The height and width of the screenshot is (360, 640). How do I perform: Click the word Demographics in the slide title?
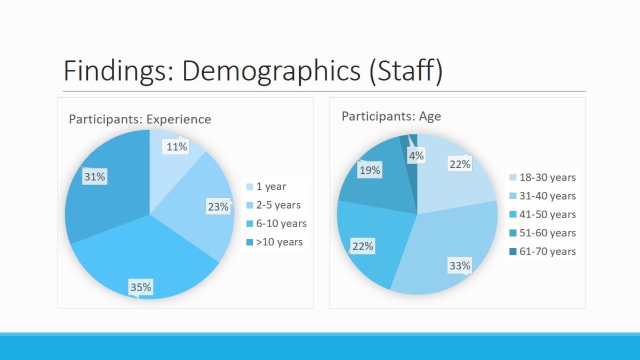click(x=271, y=71)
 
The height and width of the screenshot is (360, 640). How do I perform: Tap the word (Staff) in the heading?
click(x=405, y=71)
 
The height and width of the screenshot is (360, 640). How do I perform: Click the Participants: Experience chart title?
click(x=140, y=119)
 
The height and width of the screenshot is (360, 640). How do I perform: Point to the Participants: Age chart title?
click(x=391, y=116)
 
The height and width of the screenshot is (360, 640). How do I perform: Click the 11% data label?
click(x=177, y=147)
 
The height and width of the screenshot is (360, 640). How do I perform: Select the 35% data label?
click(x=141, y=287)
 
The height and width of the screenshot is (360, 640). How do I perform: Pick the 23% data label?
click(x=218, y=207)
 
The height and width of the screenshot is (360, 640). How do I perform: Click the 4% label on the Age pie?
click(x=416, y=156)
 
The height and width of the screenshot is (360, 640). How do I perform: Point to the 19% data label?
click(x=370, y=170)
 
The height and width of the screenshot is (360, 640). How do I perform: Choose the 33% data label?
click(x=459, y=266)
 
